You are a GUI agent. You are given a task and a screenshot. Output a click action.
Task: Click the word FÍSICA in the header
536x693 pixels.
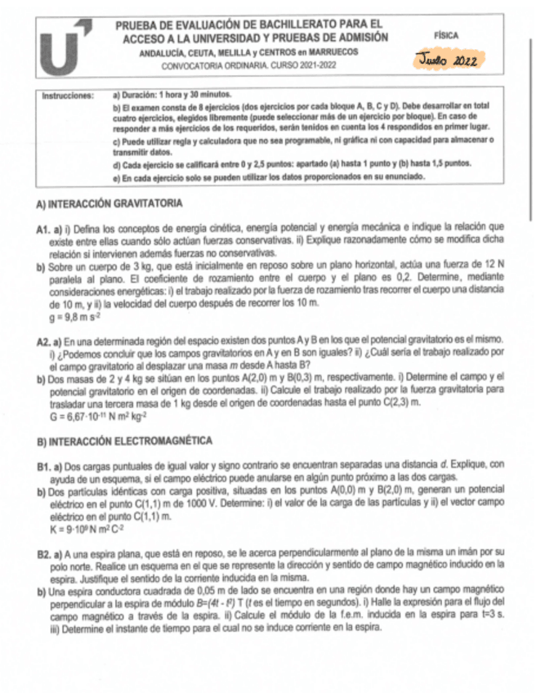pyautogui.click(x=447, y=36)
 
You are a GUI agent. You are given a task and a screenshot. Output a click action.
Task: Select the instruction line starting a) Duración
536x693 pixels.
pyautogui.click(x=173, y=96)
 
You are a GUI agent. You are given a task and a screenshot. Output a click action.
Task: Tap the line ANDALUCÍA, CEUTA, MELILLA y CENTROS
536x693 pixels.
pyautogui.click(x=249, y=51)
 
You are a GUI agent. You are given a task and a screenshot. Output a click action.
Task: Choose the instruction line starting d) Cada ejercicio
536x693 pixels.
pyautogui.click(x=291, y=163)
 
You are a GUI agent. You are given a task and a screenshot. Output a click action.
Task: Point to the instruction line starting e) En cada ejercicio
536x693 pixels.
pyautogui.click(x=269, y=175)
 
